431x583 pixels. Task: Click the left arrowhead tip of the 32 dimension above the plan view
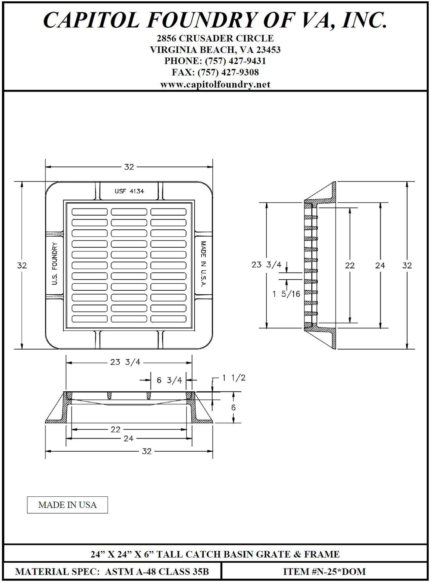click(46, 166)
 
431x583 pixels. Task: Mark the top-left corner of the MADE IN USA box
click(27, 496)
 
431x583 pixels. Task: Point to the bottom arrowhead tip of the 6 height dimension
click(233, 422)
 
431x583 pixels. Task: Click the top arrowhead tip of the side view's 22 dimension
click(350, 207)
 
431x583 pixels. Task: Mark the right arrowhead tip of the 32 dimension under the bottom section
click(213, 451)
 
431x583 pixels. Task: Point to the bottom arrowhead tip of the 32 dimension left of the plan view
click(22, 349)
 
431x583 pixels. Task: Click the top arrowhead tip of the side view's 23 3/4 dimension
click(267, 202)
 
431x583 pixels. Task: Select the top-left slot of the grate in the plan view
click(90, 212)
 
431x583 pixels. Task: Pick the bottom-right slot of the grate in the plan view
click(168, 319)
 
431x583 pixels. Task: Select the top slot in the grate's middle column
click(129, 212)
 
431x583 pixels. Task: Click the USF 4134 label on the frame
click(129, 191)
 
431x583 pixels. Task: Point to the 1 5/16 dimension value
click(286, 294)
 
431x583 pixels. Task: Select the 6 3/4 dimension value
click(169, 380)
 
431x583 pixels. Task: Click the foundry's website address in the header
click(215, 85)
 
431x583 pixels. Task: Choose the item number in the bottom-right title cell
click(324, 571)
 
